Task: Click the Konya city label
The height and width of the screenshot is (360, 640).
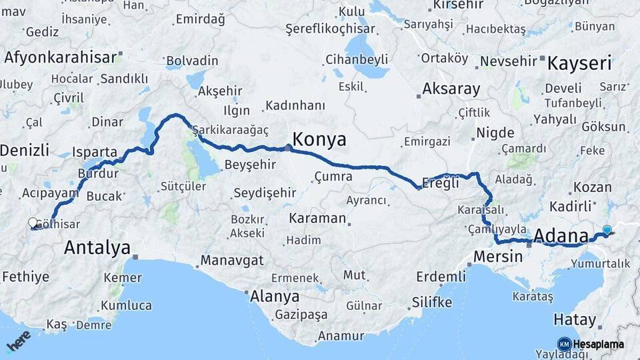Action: pos(319,139)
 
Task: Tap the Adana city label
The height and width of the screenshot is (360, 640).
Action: pos(561,236)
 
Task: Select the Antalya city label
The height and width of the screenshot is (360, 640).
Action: pos(97,249)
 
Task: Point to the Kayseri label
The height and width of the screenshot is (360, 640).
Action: pos(579,64)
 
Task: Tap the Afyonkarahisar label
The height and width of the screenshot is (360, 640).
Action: pos(61,57)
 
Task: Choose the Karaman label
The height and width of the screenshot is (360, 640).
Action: pos(317,218)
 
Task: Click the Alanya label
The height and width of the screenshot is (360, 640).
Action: pos(274,297)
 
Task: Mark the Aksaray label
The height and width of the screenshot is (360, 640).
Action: pos(451,89)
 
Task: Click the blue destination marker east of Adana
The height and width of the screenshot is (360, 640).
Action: pos(607,231)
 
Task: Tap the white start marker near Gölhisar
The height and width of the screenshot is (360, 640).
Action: pos(33,223)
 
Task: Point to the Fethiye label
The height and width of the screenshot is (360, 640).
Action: pos(25,276)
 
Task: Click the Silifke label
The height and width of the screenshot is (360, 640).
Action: pos(431,302)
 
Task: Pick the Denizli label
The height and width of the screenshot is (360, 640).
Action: pos(25,149)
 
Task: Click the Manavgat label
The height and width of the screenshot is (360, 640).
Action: pos(232,260)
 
